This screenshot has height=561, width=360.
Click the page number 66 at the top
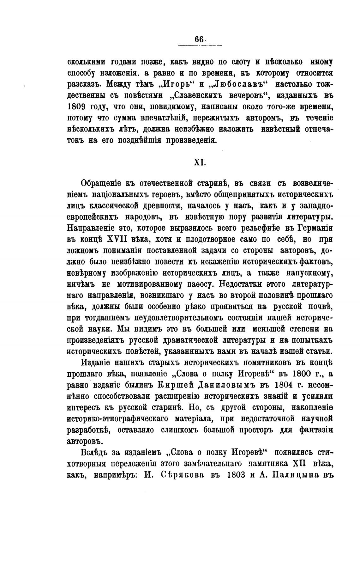coord(199,40)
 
